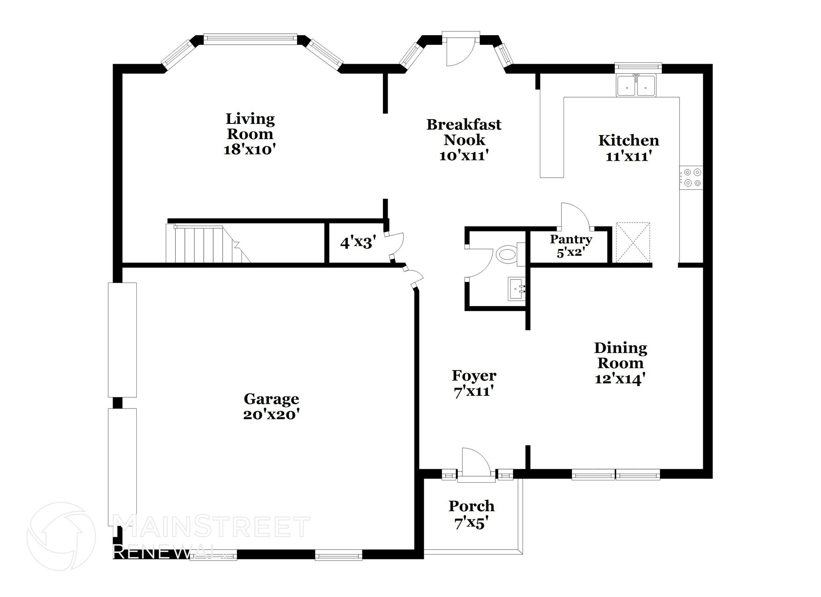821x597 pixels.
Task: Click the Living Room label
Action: [x=250, y=126]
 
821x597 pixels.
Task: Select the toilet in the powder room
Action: [x=507, y=255]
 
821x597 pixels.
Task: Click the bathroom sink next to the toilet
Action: [x=516, y=288]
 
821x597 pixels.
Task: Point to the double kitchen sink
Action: [x=636, y=85]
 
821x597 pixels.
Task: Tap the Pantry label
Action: [x=570, y=239]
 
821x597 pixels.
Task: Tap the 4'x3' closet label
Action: [x=358, y=243]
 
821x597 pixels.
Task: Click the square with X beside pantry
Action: [x=633, y=243]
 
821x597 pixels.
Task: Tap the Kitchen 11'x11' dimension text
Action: [x=629, y=156]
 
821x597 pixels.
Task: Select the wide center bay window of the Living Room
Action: [x=250, y=39]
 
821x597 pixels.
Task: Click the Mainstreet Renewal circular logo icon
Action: [x=61, y=536]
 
